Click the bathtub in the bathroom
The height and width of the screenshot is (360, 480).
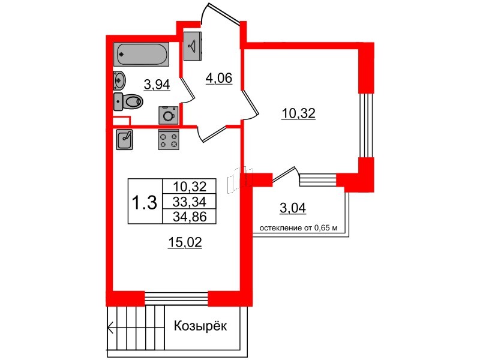point(142,55)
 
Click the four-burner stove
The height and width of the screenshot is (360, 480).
point(169,139)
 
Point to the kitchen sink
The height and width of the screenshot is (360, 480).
point(125,139)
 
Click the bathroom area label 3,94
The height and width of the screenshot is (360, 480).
point(158,85)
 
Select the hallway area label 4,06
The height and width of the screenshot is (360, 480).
point(218,77)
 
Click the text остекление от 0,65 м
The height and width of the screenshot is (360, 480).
point(299,228)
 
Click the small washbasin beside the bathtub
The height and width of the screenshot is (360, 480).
point(119,78)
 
